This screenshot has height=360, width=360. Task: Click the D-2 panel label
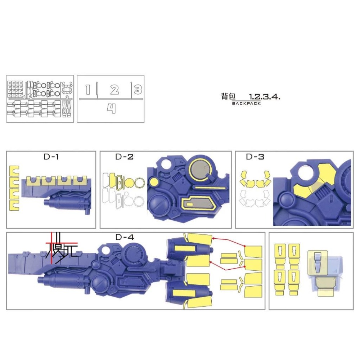point(124,157)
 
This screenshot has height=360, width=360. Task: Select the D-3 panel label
point(255,157)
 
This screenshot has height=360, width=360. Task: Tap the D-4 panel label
point(124,237)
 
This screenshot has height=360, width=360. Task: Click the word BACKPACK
point(246,103)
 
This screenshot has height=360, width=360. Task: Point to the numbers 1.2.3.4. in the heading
point(265,97)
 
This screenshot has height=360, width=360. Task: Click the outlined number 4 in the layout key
point(111,109)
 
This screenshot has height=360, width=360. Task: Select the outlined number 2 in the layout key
point(114,90)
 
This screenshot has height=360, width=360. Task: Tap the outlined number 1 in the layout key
point(88,90)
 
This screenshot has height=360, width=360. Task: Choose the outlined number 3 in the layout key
point(138,89)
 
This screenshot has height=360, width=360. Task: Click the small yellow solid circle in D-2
point(153,182)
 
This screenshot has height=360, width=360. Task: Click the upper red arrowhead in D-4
point(213,238)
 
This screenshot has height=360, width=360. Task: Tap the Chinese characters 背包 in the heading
point(228,96)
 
